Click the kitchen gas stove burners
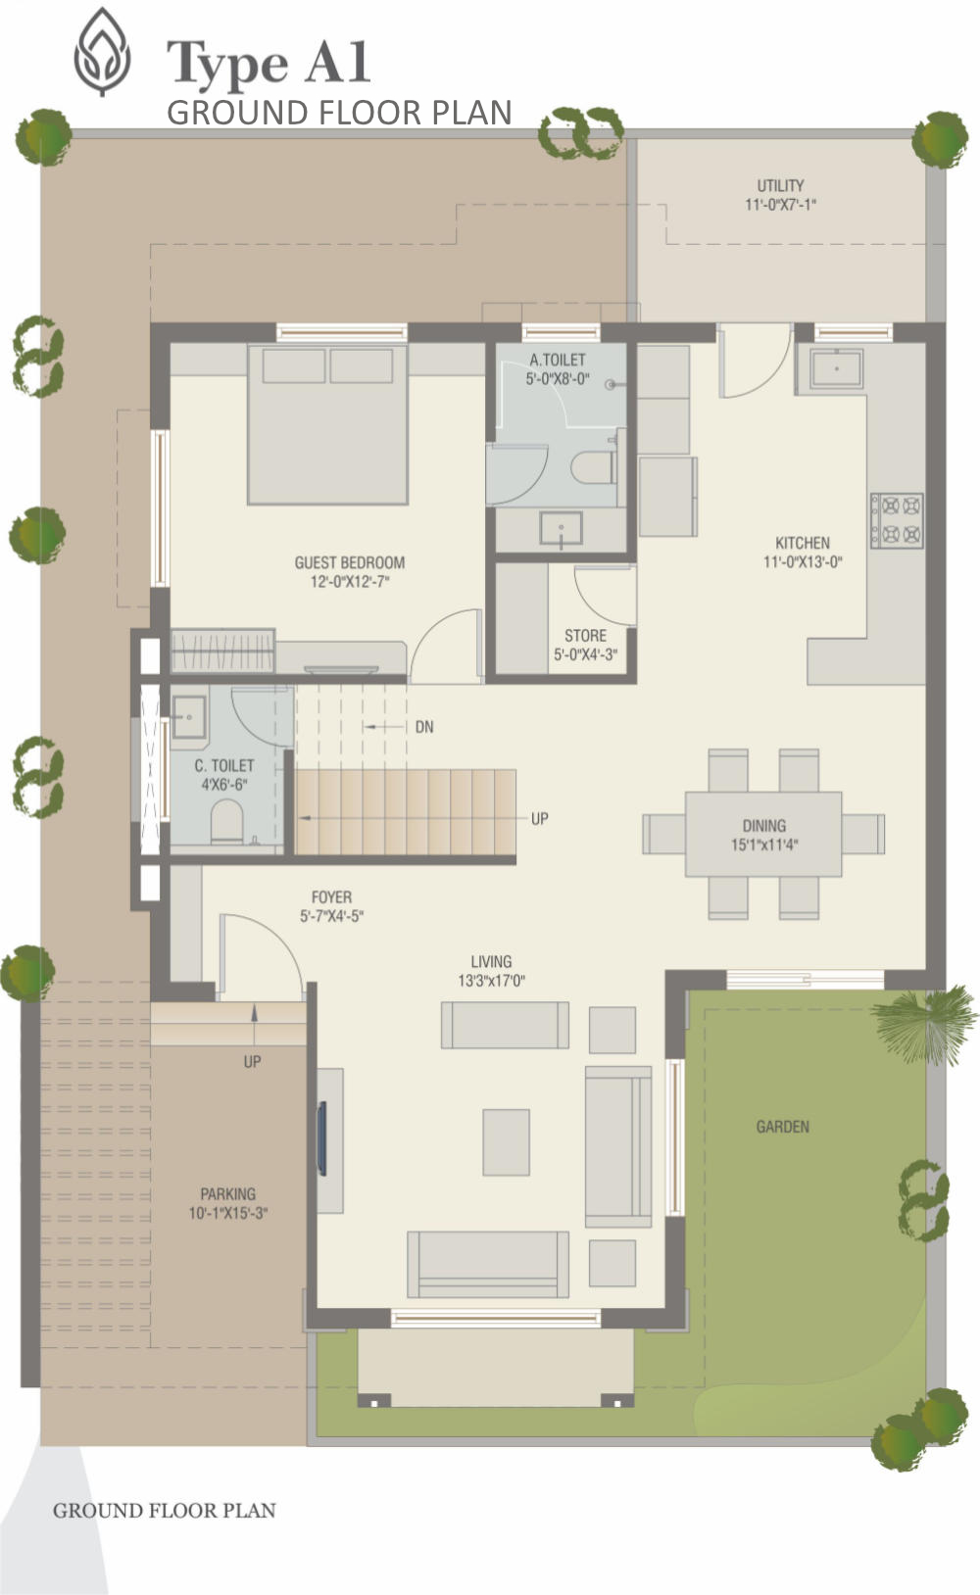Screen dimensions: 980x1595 [x=897, y=520]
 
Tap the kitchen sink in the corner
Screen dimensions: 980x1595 [x=836, y=368]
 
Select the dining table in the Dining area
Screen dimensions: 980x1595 [x=763, y=834]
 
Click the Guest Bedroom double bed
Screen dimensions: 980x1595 [x=327, y=424]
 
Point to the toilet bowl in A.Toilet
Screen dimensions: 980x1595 [x=593, y=467]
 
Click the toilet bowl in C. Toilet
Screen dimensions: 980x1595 [x=227, y=822]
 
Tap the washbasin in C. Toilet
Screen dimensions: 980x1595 [x=189, y=717]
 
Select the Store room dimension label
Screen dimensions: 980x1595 [x=585, y=654]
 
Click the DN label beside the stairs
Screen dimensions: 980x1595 [x=424, y=727]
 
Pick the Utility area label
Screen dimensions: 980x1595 [x=781, y=186]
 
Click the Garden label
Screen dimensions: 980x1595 [x=783, y=1127]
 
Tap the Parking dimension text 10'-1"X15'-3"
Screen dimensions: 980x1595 [x=228, y=1213]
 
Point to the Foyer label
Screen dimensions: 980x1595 [x=331, y=897]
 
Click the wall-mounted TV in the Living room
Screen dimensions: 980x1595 [x=321, y=1138]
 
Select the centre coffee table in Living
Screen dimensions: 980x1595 [x=507, y=1142]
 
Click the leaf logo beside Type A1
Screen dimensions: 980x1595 [x=103, y=52]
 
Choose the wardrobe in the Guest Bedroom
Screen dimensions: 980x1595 [x=222, y=651]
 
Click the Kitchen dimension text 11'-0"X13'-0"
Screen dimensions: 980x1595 [x=803, y=561]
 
